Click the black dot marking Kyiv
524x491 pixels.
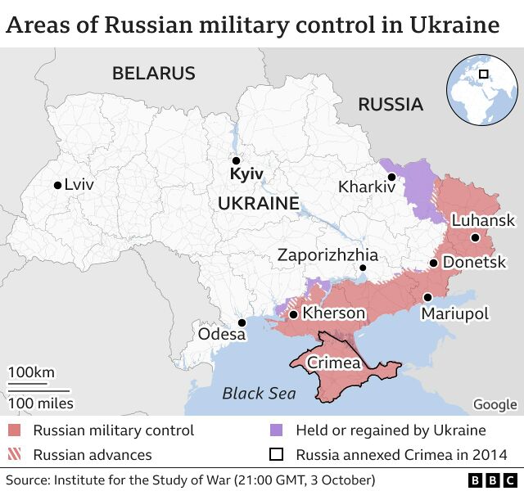(x=236, y=161)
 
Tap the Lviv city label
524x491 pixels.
(x=79, y=185)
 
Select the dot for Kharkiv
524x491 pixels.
(x=392, y=177)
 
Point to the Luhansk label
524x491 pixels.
(x=483, y=220)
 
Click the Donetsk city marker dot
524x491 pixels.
(x=433, y=264)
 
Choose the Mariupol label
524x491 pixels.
(x=454, y=314)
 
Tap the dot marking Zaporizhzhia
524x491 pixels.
(x=364, y=268)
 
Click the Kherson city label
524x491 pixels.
(x=333, y=313)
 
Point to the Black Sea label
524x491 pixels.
(x=259, y=394)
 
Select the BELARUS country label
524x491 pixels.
(x=154, y=74)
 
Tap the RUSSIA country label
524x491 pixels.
(x=391, y=104)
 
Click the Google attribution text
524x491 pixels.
(x=495, y=404)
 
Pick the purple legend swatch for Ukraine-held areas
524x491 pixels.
(x=277, y=430)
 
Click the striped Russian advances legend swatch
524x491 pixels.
(x=15, y=454)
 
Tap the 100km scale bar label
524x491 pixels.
(x=31, y=373)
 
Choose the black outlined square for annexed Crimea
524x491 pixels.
(x=277, y=454)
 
